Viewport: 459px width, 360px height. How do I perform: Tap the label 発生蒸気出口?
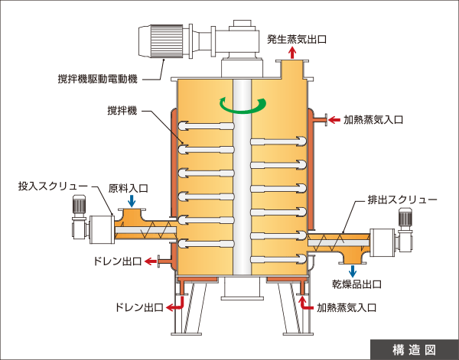click(x=296, y=37)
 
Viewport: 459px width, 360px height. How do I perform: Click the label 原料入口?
click(x=129, y=186)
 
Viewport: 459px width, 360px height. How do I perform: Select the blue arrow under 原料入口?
click(x=132, y=201)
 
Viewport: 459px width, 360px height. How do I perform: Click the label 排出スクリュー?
click(x=402, y=199)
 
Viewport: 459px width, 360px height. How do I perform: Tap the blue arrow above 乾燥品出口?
click(x=353, y=270)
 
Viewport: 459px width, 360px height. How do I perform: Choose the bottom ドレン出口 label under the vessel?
click(x=138, y=308)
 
